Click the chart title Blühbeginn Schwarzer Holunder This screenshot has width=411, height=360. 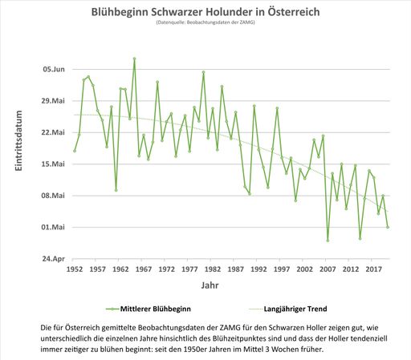206,14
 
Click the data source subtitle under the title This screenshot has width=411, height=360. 206,25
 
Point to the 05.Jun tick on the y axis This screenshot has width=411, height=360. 53,69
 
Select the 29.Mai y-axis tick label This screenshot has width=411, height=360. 53,100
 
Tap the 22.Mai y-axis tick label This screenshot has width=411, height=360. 53,132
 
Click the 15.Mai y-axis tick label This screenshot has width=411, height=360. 53,164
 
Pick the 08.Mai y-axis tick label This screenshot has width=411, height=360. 53,196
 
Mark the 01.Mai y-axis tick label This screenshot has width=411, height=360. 53,227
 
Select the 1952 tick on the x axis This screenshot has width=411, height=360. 74,269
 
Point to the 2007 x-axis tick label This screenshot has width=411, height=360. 328,269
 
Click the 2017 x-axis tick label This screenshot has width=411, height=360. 374,269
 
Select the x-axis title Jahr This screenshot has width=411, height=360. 208,285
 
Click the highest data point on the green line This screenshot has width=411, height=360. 134,59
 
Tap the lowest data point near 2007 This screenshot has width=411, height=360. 328,241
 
